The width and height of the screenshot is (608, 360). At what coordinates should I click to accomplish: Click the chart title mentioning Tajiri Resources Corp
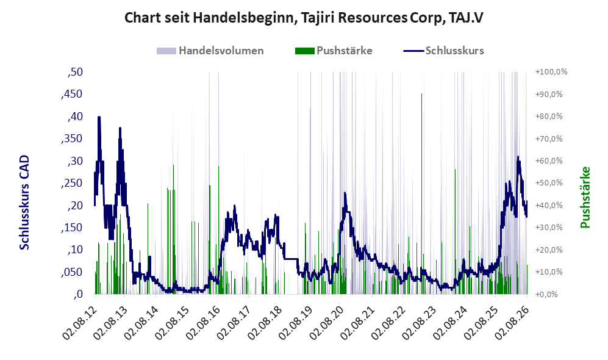coord(304,18)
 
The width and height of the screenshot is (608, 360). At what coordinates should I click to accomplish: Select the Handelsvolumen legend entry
coord(210,51)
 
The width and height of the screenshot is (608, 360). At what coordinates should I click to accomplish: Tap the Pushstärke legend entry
coord(334,51)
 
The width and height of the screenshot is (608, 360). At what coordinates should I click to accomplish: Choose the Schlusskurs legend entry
coord(443,51)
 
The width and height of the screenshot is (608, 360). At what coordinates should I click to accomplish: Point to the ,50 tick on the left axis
coord(75,72)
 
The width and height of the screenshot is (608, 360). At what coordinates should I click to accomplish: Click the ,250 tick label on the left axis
coord(72,183)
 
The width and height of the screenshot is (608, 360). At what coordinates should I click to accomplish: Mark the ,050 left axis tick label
coord(72,272)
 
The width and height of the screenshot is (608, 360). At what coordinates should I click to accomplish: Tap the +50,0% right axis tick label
coord(549,182)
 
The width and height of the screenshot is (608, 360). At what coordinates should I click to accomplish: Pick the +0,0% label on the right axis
coord(547,295)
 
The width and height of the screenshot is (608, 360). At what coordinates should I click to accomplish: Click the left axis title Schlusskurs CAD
coord(24,202)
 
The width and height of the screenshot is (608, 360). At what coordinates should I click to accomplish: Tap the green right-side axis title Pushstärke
coord(585,198)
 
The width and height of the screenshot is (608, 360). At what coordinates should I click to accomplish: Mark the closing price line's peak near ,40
coord(99,117)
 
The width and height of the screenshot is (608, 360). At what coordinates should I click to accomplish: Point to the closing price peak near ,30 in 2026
coord(518,157)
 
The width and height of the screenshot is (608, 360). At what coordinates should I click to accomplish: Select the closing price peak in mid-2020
coord(345,193)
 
